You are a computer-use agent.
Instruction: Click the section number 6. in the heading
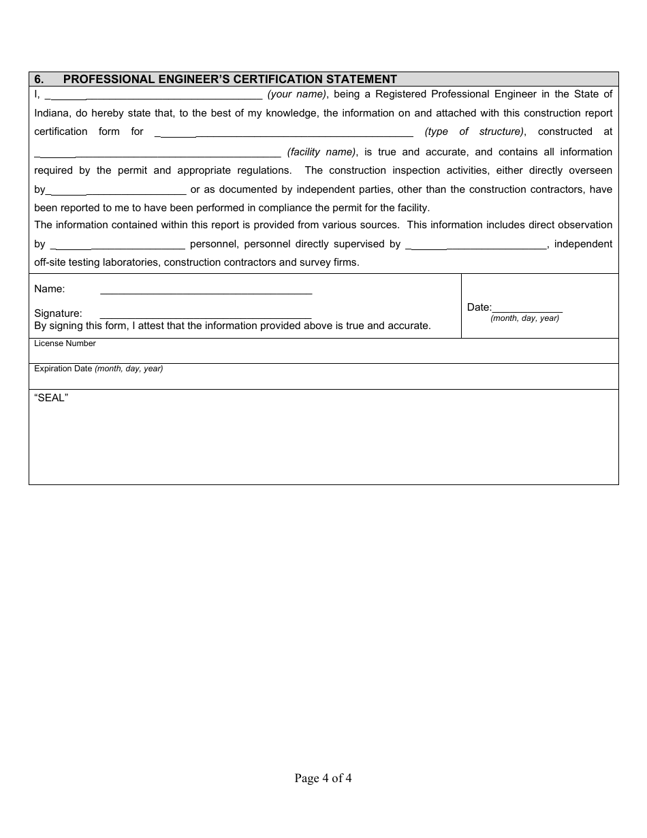[x=40, y=79]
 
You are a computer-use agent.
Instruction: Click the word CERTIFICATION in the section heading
[x=277, y=79]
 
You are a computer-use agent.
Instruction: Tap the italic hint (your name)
[x=297, y=95]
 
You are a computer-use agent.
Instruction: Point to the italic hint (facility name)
[x=321, y=152]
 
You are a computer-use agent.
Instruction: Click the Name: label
[x=50, y=289]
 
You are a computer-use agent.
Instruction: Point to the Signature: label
[x=58, y=313]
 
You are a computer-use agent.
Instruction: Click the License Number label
[x=65, y=343]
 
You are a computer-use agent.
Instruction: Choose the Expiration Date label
[x=63, y=369]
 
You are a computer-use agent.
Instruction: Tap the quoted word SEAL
[x=51, y=398]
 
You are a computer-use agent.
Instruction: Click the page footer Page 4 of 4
[x=323, y=778]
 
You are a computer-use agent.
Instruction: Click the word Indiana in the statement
[x=52, y=113]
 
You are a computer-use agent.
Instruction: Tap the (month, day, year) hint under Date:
[x=524, y=318]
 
